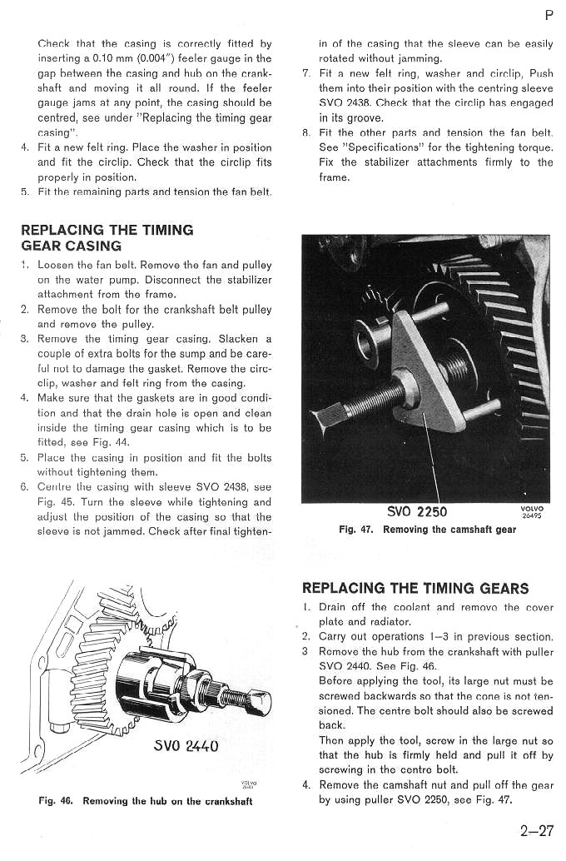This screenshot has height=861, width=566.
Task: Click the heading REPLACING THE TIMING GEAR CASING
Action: coord(107,237)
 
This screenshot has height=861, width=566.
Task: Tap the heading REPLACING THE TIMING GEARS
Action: coord(415,588)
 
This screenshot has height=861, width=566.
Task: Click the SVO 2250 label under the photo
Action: coord(417,511)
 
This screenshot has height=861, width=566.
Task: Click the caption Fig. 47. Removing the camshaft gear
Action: coord(427,530)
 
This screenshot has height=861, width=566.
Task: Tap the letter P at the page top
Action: coord(549,14)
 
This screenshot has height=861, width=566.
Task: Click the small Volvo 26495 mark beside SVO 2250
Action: coord(531,511)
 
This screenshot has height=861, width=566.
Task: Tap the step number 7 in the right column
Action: coord(305,73)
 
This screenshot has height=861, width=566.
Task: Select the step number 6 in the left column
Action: coord(25,487)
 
